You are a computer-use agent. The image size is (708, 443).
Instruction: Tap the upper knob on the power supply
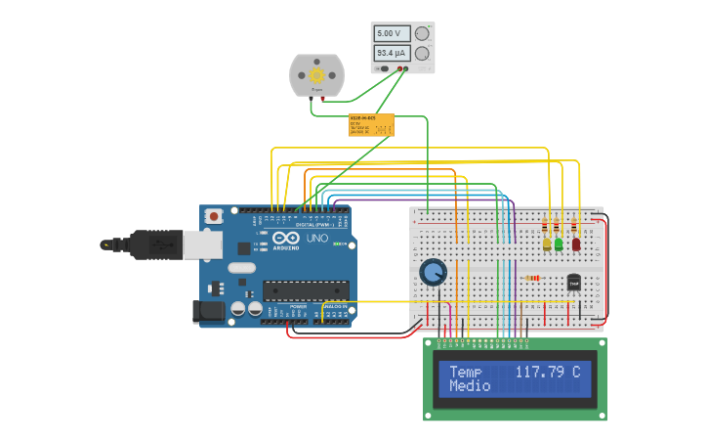(422, 32)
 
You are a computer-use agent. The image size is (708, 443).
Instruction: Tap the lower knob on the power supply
(422, 53)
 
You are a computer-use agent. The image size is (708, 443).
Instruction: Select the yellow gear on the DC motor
(316, 74)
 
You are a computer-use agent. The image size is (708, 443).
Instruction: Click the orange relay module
(371, 124)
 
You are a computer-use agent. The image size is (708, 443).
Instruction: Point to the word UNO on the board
(317, 239)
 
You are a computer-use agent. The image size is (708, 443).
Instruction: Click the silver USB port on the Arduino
(203, 244)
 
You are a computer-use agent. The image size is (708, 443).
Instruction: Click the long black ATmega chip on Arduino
(306, 289)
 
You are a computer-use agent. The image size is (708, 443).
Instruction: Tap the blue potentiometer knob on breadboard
(433, 272)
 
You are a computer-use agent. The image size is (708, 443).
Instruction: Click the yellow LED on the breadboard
(546, 244)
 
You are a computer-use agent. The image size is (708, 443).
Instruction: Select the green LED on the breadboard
(559, 244)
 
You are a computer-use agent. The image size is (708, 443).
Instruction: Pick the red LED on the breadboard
(576, 244)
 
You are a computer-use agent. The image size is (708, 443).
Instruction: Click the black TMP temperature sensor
(573, 282)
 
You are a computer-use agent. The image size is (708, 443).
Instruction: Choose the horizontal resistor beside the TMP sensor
(532, 278)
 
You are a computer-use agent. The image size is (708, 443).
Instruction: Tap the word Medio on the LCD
(470, 386)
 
